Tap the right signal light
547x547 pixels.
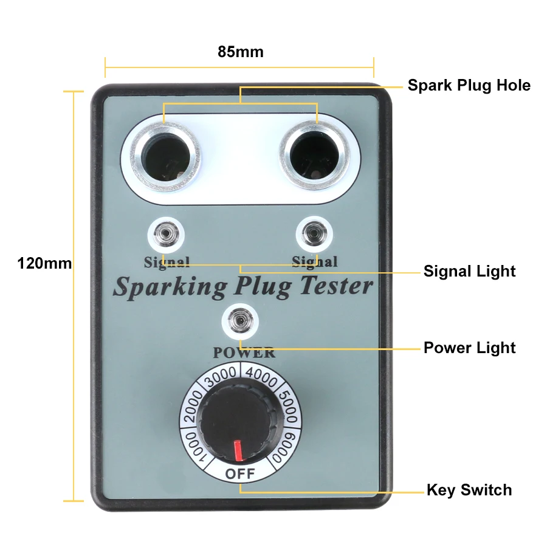[x=314, y=233]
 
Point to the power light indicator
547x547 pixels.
[x=240, y=320]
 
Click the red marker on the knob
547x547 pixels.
[x=239, y=450]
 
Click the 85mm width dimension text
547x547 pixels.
[x=241, y=52]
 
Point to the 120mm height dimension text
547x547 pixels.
[x=44, y=263]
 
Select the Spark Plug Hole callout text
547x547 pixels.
[x=469, y=85]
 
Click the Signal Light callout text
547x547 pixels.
[x=469, y=271]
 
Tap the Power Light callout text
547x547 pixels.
[x=469, y=348]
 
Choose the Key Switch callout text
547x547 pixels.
[x=469, y=490]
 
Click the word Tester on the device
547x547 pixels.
[x=336, y=286]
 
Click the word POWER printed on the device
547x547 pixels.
[x=244, y=353]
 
